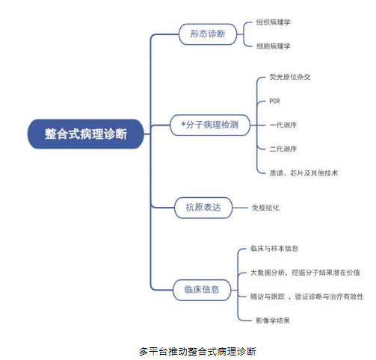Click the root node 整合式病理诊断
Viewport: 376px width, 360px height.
[x=86, y=134]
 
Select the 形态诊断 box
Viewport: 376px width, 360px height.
[x=208, y=34]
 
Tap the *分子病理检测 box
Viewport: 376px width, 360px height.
[x=210, y=125]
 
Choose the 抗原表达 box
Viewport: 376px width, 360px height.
[x=203, y=208]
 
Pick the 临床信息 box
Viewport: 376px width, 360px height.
[x=202, y=290]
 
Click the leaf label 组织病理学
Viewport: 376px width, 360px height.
[x=274, y=22]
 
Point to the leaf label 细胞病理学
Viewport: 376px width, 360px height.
[x=274, y=46]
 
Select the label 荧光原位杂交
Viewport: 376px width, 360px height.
[x=290, y=77]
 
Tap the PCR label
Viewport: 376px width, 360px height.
[x=274, y=101]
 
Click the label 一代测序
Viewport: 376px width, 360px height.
[x=283, y=125]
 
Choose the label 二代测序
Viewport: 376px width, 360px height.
[x=283, y=149]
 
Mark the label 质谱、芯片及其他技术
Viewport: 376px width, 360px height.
[x=303, y=173]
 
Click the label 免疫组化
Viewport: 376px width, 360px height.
[x=265, y=208]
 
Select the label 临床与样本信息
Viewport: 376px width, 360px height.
[x=274, y=249]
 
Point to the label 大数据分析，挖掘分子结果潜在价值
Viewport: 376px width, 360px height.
[x=305, y=273]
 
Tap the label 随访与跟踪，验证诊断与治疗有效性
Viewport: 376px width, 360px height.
[x=306, y=297]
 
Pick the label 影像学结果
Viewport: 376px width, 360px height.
[x=273, y=320]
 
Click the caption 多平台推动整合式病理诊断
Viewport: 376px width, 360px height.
[x=197, y=351]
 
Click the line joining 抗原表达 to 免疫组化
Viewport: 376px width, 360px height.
[x=240, y=208]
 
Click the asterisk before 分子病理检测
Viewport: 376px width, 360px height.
[x=183, y=124]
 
